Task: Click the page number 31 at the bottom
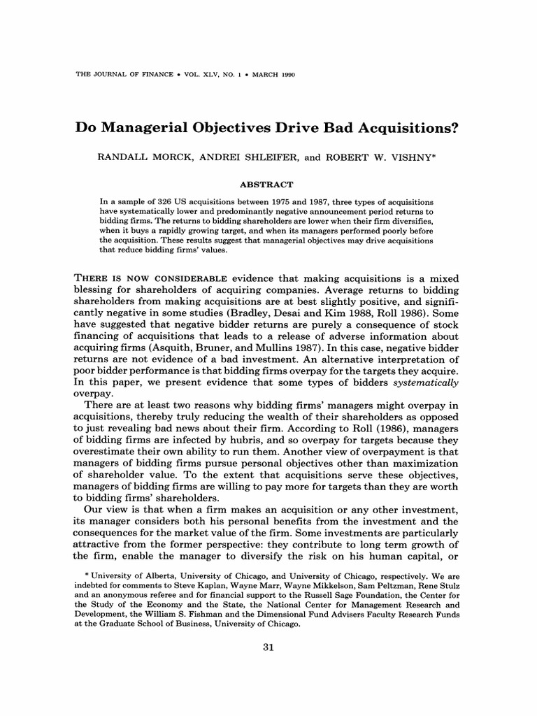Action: coord(268,648)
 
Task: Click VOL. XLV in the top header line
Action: coord(168,75)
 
